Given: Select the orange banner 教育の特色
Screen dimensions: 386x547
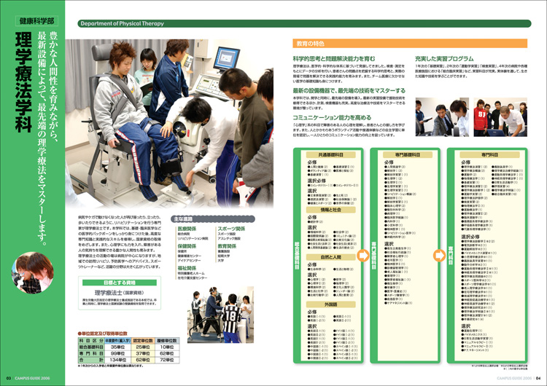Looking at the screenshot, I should pos(309,43).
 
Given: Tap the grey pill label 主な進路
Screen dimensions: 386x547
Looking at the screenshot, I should pos(186,218).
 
